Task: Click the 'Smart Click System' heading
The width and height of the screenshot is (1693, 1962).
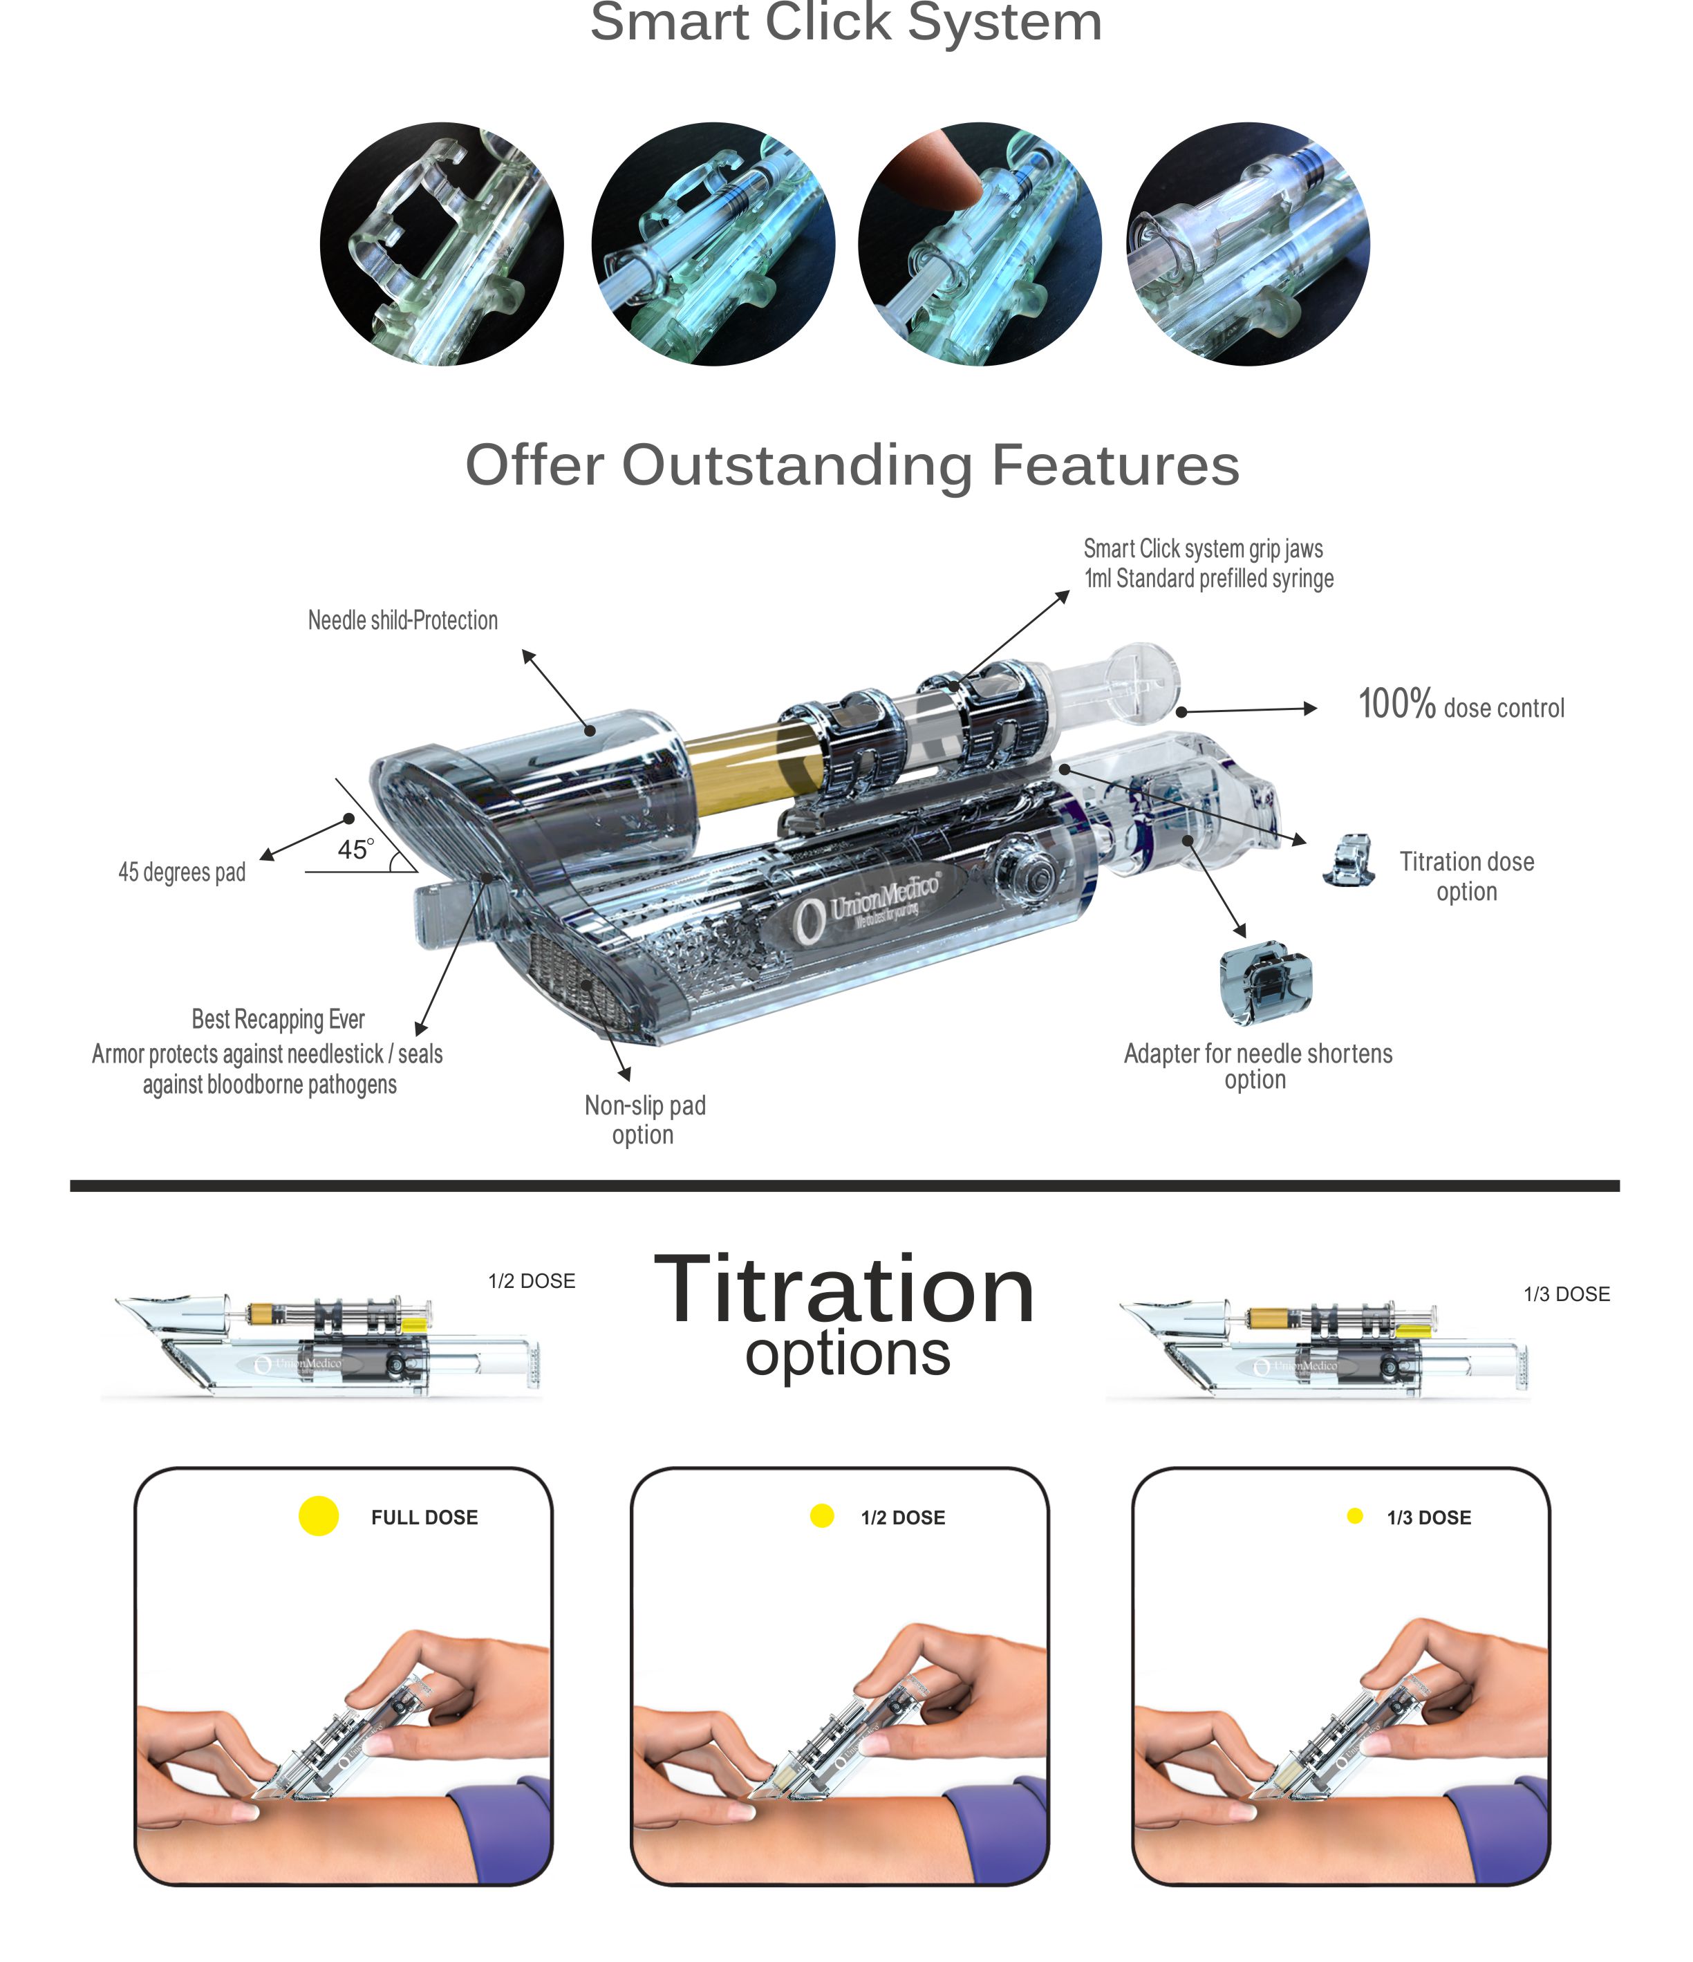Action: (845, 23)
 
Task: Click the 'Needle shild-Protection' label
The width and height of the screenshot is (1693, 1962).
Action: (402, 620)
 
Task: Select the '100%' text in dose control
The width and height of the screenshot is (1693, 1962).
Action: (1396, 704)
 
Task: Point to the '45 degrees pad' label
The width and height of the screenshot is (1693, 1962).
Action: (182, 872)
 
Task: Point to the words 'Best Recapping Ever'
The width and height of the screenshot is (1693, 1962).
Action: (277, 1019)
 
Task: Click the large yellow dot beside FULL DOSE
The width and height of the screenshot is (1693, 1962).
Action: (318, 1516)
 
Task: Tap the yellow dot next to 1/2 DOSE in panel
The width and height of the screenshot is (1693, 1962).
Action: (822, 1516)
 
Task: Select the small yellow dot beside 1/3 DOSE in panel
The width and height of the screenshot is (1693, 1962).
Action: (1354, 1516)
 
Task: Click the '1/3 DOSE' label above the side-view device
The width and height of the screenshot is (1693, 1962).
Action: (1566, 1294)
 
